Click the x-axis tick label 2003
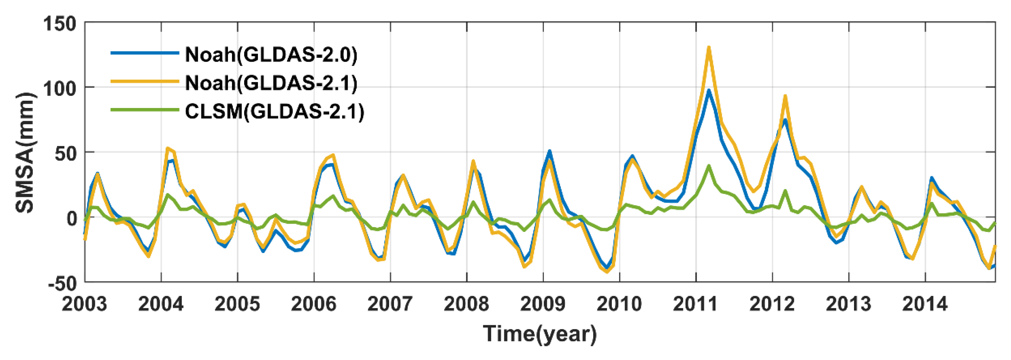pos(84,304)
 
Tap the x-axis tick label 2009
pos(543,304)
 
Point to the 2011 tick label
pos(696,304)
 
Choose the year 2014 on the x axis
pos(925,304)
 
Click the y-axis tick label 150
pos(59,24)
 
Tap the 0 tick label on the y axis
pos(72,218)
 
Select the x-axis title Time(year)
pos(540,334)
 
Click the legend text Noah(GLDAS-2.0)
pos(271,54)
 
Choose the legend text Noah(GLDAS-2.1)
pos(271,83)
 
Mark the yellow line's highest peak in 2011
pos(709,47)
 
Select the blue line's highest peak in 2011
pos(709,90)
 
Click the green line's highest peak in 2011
pos(709,166)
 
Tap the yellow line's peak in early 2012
pos(785,96)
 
